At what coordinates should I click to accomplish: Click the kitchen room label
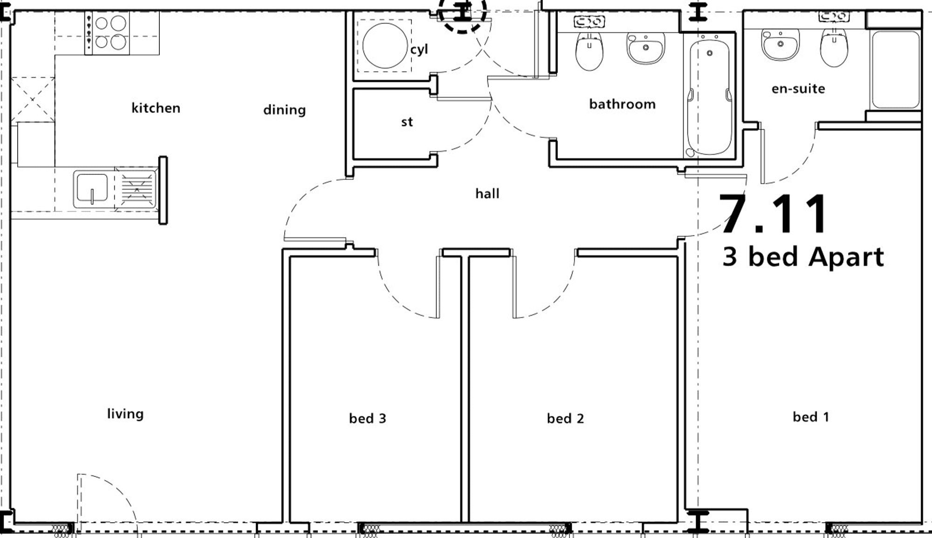[156, 108]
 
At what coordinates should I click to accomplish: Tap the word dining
[284, 110]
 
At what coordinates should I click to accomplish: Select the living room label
[125, 414]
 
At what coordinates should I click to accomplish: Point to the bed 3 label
[367, 418]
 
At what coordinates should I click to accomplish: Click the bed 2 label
[565, 418]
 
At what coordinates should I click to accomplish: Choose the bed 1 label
[811, 417]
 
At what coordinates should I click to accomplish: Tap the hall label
[487, 193]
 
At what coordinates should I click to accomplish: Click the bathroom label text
[622, 104]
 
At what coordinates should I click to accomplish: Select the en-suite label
[798, 89]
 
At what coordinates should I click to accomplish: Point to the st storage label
[407, 122]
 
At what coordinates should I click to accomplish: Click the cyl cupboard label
[419, 49]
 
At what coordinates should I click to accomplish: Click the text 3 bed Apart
[803, 257]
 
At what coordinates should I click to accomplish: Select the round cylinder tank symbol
[385, 46]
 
